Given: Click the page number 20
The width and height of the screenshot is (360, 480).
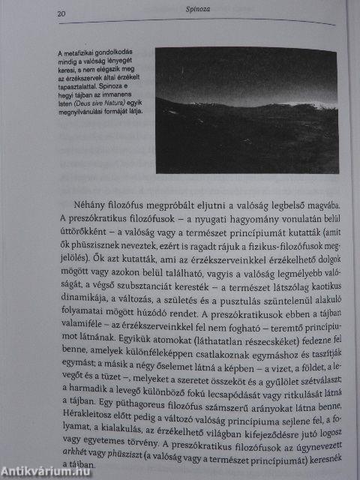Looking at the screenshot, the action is (x=62, y=13).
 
